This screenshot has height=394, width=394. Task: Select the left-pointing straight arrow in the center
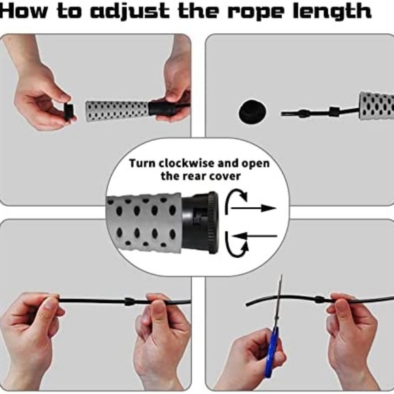tap(258, 236)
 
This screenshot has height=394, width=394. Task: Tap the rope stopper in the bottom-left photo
tap(129, 301)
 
